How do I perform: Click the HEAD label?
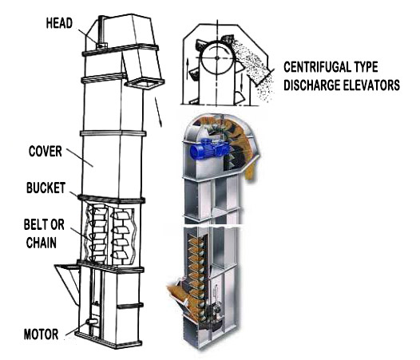tap(59, 23)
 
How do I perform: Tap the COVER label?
tap(46, 152)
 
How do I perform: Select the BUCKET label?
tap(46, 188)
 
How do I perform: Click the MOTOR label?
tap(42, 334)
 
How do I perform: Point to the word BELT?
tap(34, 224)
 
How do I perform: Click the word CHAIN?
tap(42, 243)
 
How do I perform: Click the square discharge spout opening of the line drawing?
tap(145, 83)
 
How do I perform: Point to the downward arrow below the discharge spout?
tap(158, 112)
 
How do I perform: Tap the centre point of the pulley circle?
tap(217, 57)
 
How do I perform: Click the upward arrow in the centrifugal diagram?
tap(188, 68)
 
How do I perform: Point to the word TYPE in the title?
tap(364, 67)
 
